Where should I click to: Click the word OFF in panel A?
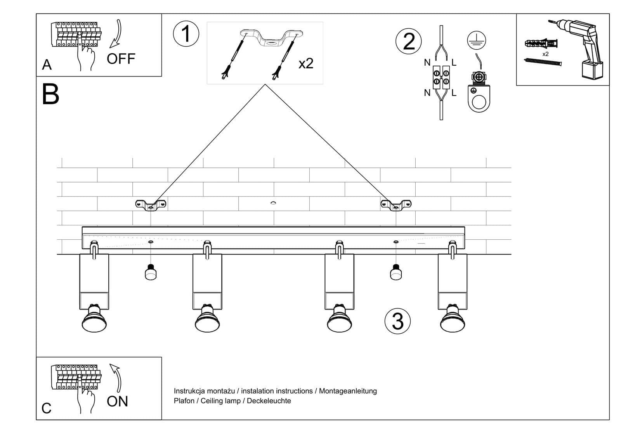click(x=121, y=59)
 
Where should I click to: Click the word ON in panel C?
click(x=117, y=401)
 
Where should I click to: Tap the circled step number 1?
click(x=186, y=33)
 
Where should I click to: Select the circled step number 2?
click(x=408, y=42)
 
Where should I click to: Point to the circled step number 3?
click(x=397, y=322)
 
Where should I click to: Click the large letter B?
click(x=50, y=94)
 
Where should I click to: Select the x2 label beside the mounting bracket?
click(x=306, y=63)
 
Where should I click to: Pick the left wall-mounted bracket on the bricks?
click(x=151, y=204)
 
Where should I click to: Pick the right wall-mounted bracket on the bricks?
click(x=396, y=204)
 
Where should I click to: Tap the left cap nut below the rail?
click(x=151, y=272)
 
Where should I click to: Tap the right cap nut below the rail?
click(x=395, y=272)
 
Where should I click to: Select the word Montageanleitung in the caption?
click(x=348, y=391)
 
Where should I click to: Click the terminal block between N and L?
click(x=441, y=77)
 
